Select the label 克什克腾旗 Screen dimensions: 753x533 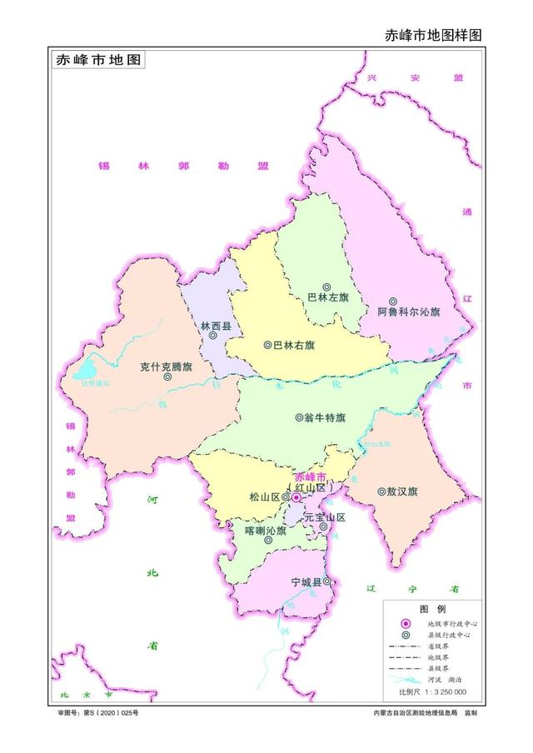click(166, 365)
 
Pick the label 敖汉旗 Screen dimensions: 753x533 click(402, 491)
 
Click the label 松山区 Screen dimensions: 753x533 click(264, 497)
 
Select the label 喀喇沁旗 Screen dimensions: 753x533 click(266, 529)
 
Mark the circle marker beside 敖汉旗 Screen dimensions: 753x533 click(381, 491)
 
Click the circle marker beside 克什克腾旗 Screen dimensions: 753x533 click(167, 376)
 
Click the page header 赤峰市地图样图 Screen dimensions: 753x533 click(433, 35)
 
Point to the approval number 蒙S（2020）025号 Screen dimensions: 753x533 click(97, 714)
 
